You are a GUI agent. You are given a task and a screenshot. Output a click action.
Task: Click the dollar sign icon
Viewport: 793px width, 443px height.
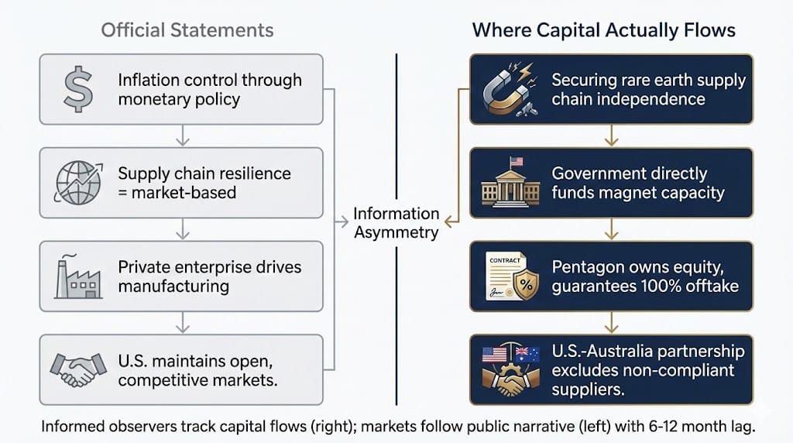click(78, 89)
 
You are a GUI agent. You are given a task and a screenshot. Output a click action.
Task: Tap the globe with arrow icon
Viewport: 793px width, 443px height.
click(78, 183)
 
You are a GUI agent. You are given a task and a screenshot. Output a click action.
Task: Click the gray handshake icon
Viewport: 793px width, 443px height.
click(78, 369)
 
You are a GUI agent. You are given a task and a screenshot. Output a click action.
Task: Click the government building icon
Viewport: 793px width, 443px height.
click(510, 182)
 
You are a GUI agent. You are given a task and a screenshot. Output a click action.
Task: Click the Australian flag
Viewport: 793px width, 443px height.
click(527, 353)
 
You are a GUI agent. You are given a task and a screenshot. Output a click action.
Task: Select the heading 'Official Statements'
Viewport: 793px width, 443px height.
click(187, 30)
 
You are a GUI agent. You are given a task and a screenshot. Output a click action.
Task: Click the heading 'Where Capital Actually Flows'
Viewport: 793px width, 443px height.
click(604, 30)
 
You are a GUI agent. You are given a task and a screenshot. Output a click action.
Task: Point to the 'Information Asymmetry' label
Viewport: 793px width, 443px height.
click(396, 222)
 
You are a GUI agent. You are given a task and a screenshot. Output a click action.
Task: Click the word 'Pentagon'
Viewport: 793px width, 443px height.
click(587, 267)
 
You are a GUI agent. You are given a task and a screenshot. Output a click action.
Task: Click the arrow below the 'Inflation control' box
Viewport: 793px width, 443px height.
click(183, 136)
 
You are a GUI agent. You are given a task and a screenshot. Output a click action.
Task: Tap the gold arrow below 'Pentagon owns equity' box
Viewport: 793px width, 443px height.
click(612, 323)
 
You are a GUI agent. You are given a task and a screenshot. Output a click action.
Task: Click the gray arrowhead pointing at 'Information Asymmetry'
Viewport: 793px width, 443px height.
click(344, 221)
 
